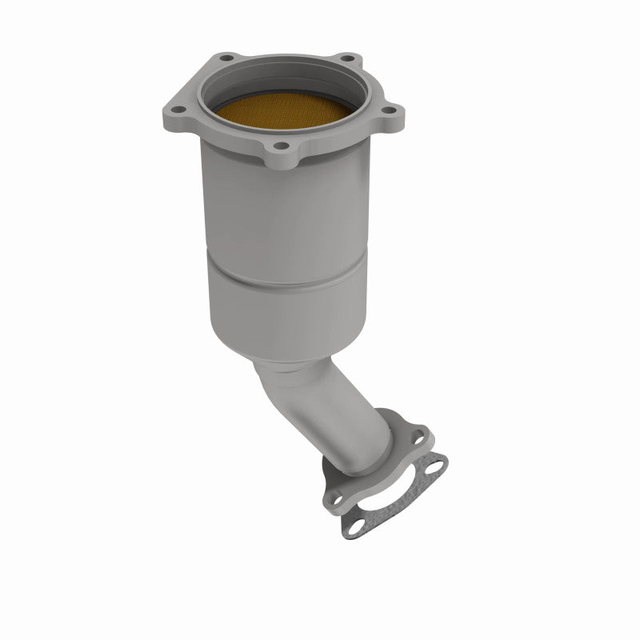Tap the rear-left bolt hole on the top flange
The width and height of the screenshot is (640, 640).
click(226, 59)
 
